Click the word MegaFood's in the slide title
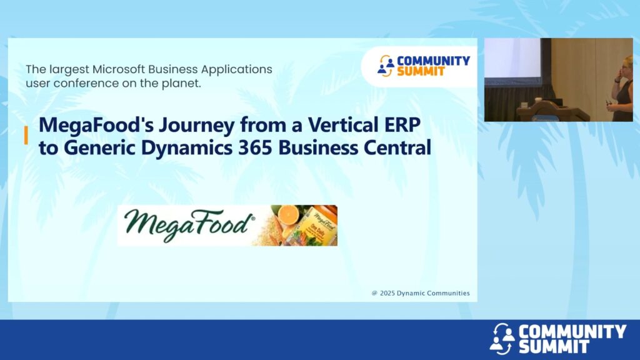click(96, 125)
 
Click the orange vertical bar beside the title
click(26, 135)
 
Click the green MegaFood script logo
click(189, 225)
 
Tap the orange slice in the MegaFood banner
click(289, 214)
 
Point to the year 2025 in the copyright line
click(387, 293)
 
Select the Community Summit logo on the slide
click(424, 66)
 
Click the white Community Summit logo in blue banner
click(558, 339)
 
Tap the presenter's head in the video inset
click(627, 64)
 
